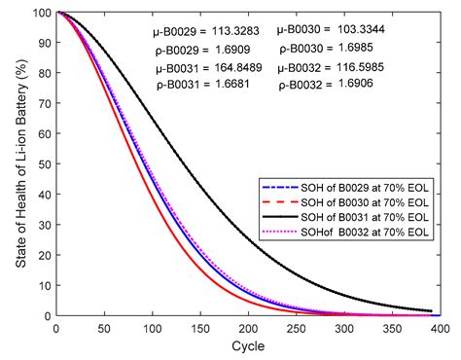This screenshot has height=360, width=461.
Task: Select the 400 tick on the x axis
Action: (440, 329)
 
